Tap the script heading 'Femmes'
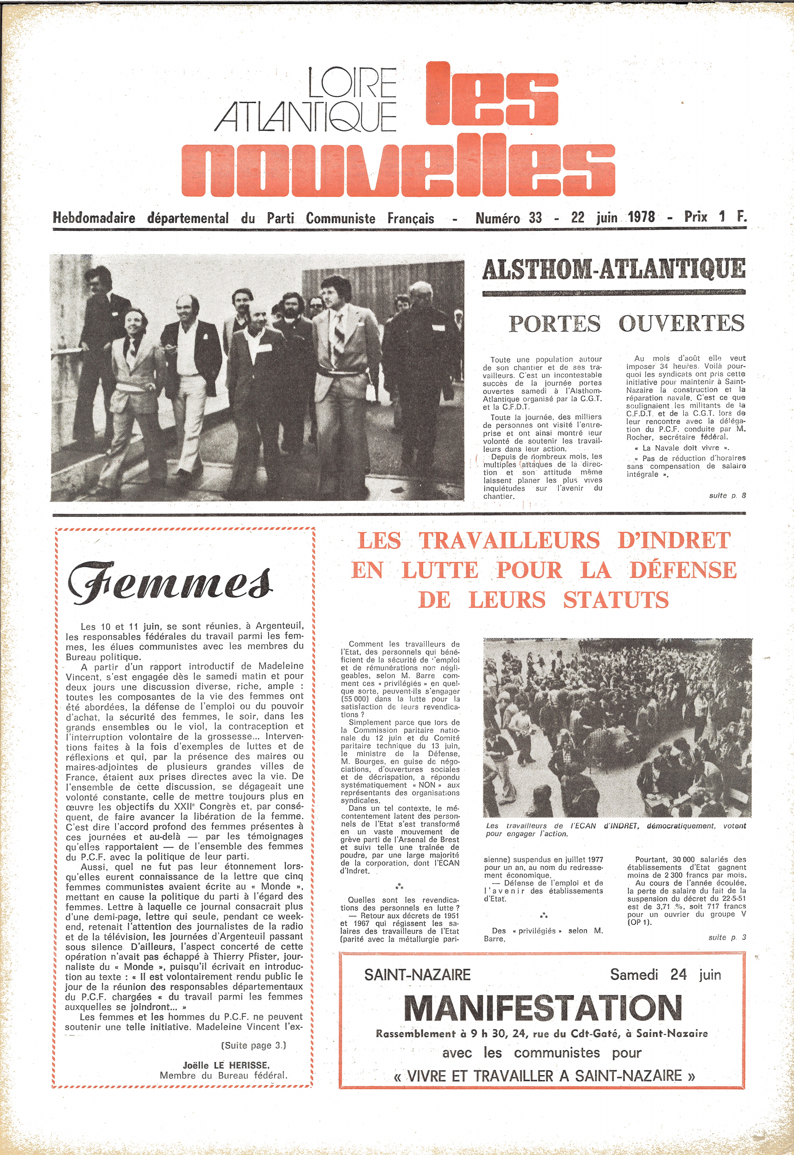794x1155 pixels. pyautogui.click(x=170, y=583)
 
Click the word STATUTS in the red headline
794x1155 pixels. pyautogui.click(x=616, y=600)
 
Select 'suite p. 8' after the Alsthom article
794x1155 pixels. pyautogui.click(x=727, y=495)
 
